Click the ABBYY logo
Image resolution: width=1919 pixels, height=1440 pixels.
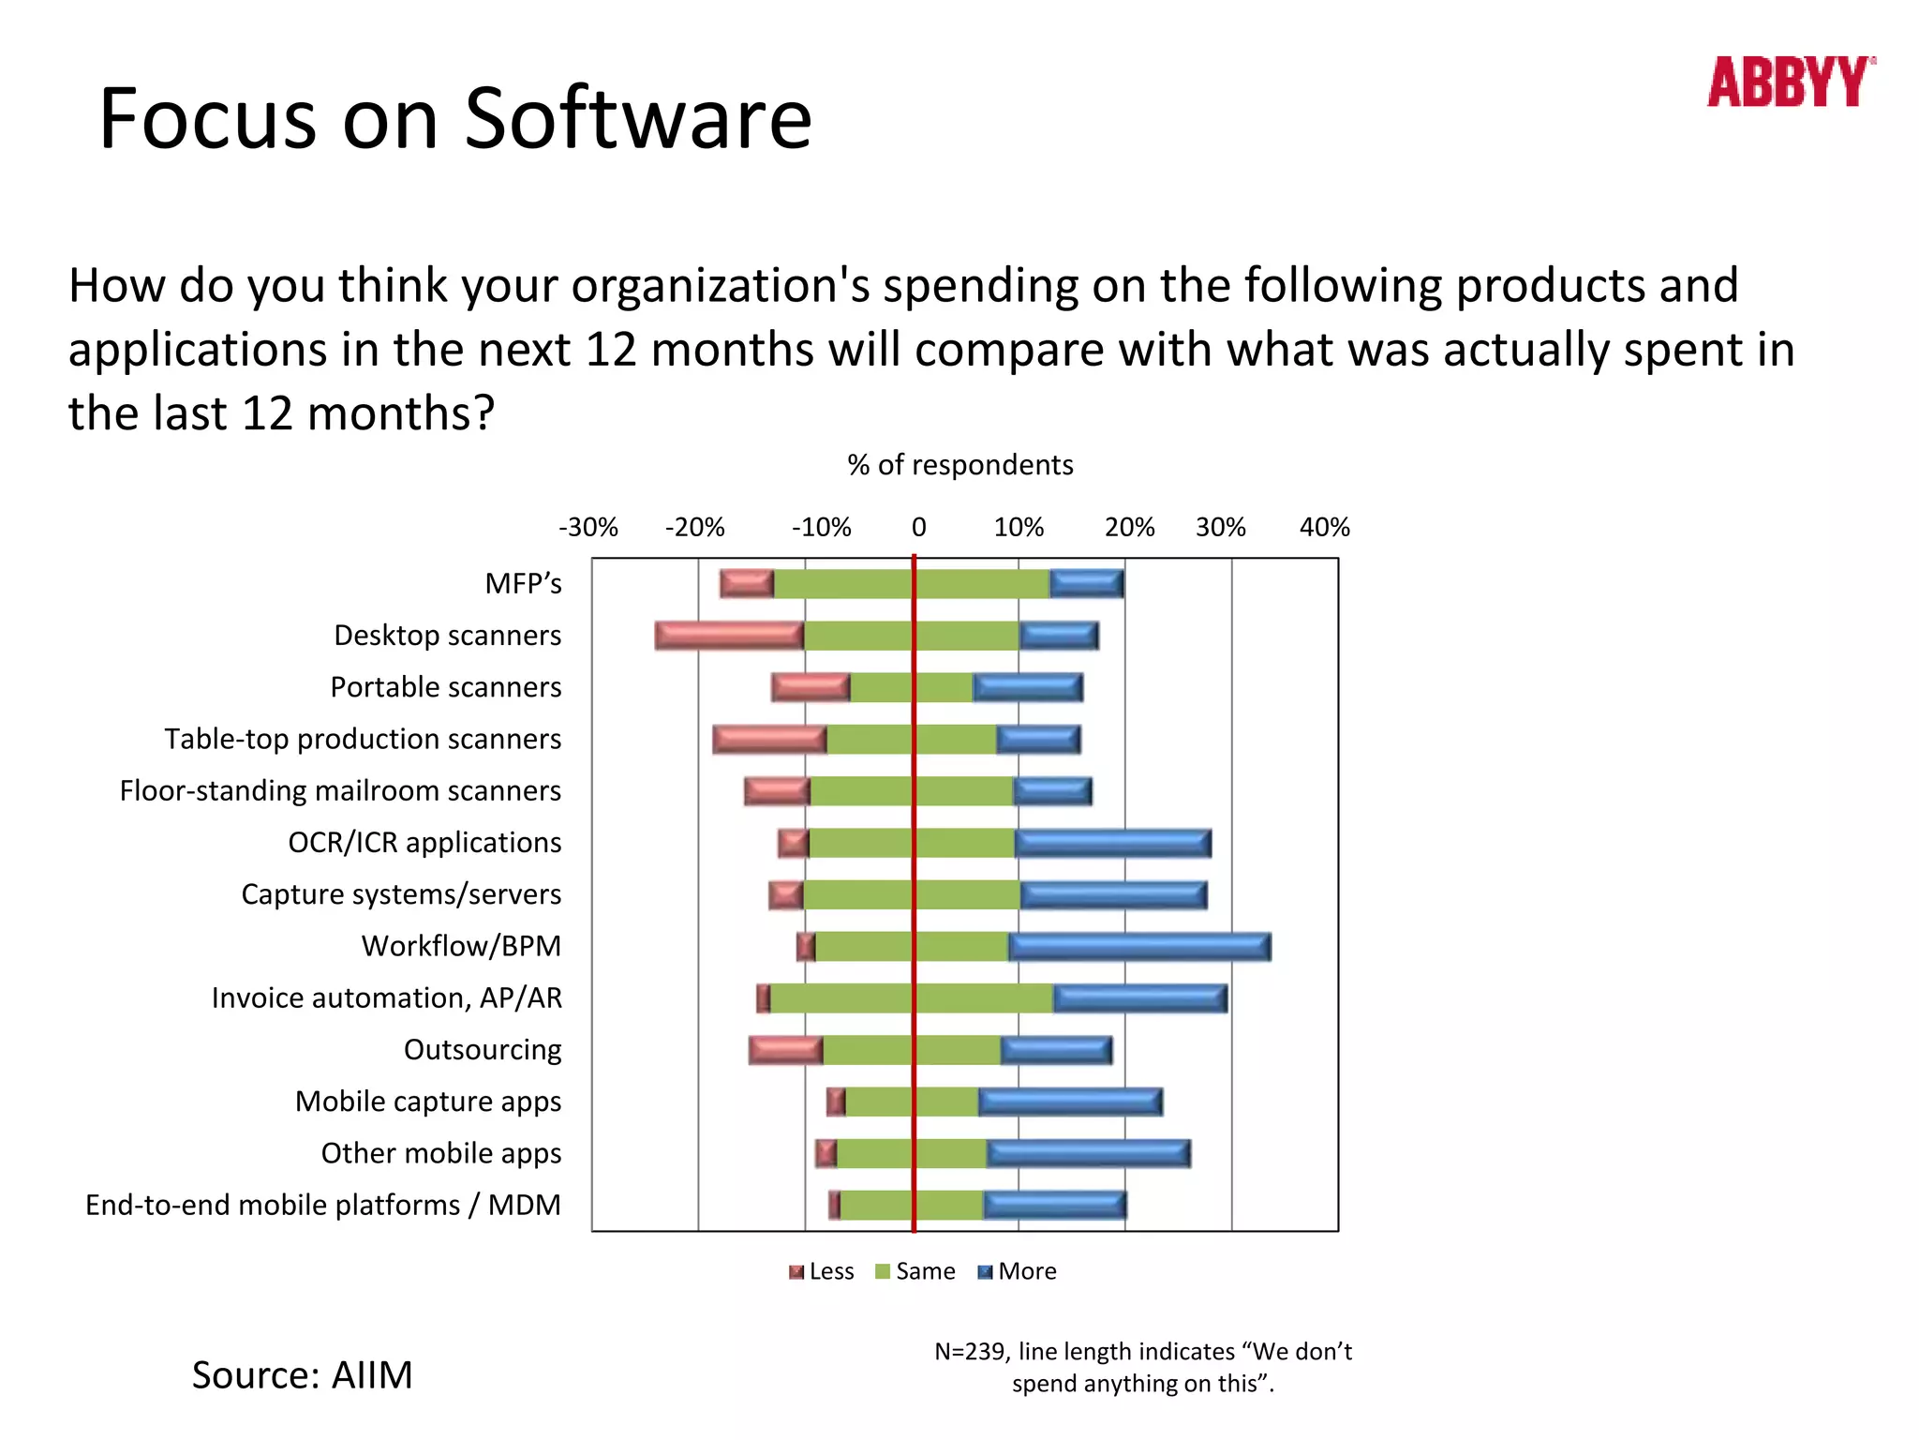click(1790, 82)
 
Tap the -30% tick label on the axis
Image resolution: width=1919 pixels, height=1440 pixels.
click(588, 527)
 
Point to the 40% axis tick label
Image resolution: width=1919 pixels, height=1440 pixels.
click(1324, 527)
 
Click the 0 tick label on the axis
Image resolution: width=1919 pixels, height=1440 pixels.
click(918, 527)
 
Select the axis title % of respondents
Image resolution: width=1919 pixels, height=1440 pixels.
click(959, 465)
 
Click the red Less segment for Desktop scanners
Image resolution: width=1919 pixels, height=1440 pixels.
click(729, 636)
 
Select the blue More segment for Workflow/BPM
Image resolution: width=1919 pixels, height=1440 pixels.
click(1139, 947)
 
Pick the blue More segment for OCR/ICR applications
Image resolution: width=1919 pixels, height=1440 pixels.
click(1112, 843)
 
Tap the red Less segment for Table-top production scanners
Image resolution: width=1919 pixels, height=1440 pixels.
click(769, 740)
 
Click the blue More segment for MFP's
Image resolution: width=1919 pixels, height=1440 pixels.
click(1086, 584)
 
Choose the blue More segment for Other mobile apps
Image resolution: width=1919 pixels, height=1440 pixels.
click(1088, 1154)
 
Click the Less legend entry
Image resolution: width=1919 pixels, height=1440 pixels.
click(822, 1271)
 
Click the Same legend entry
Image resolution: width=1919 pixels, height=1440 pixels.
click(915, 1271)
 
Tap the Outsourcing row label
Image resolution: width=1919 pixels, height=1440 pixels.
click(483, 1050)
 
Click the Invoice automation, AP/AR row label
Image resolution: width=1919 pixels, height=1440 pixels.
click(386, 998)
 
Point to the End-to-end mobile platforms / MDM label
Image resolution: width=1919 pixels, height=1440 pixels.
click(322, 1206)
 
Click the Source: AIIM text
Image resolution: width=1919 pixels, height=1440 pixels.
click(302, 1375)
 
